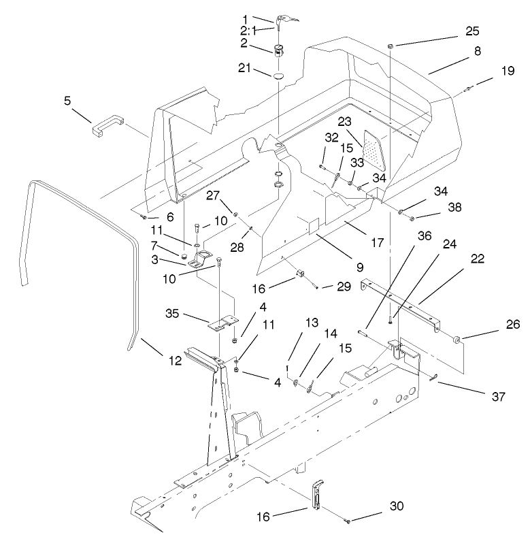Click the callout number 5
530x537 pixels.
tap(67, 100)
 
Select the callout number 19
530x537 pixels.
tap(508, 70)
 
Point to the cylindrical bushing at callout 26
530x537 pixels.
tap(455, 338)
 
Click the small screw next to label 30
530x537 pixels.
tap(348, 521)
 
